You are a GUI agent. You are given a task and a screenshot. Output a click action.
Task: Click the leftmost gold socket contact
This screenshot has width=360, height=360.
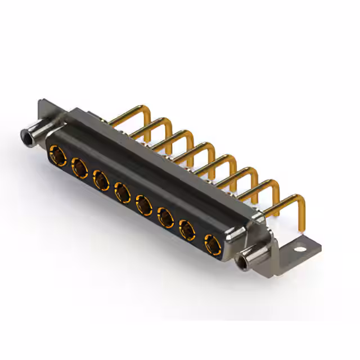(57, 153)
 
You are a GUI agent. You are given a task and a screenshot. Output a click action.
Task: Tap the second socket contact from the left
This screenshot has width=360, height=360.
(79, 166)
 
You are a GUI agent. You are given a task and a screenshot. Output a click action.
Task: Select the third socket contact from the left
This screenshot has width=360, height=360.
(101, 180)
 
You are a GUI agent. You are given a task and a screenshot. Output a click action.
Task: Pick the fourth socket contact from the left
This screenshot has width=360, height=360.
(122, 193)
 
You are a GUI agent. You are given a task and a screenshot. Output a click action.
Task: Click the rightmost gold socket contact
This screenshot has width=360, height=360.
(212, 245)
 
